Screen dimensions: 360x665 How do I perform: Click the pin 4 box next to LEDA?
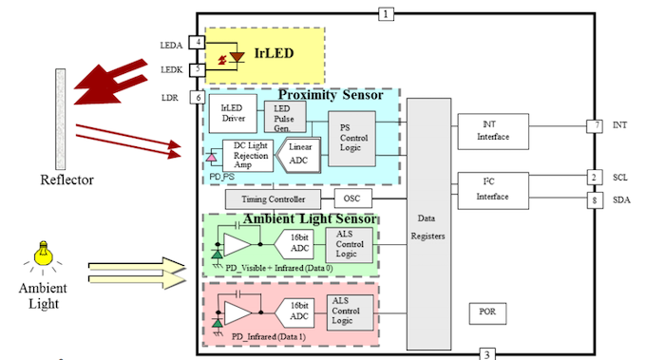pos(197,43)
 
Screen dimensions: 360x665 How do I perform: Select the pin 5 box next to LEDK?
pos(197,69)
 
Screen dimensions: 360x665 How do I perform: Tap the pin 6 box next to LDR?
pos(197,97)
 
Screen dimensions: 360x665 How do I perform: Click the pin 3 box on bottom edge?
pos(486,354)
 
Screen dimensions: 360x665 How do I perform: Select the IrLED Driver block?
pos(228,115)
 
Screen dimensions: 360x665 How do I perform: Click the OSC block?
pos(352,199)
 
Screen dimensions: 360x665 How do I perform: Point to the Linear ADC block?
pos(299,153)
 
